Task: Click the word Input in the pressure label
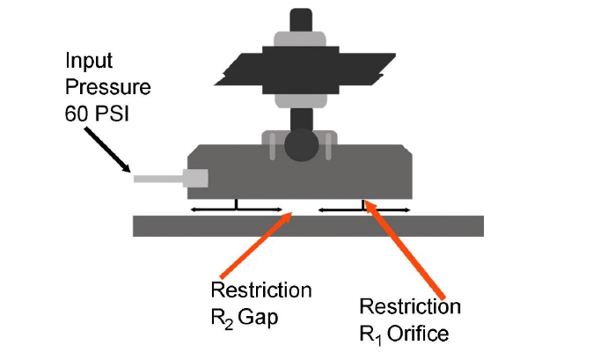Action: click(86, 62)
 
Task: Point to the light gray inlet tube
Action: click(157, 179)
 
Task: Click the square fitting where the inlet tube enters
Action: click(194, 178)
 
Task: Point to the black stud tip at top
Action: click(300, 18)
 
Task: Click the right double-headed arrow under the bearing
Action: click(363, 209)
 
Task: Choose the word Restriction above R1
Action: click(410, 306)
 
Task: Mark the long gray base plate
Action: click(308, 225)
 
